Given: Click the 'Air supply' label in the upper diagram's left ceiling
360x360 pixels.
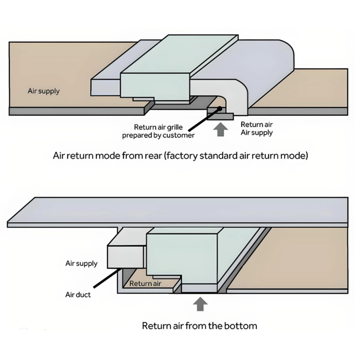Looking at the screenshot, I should click(44, 91).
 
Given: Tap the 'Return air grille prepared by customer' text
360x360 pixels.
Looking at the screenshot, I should click(158, 131).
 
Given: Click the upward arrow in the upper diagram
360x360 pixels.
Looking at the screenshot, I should click(221, 129).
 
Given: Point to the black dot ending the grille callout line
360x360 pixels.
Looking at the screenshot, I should click(219, 109).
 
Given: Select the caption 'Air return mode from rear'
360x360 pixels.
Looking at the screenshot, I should click(180, 156).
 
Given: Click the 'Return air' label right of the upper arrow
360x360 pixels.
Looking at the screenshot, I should click(256, 125).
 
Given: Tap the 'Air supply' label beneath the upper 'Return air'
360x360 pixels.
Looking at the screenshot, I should click(256, 133).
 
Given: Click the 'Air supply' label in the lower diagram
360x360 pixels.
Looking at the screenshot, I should click(81, 263).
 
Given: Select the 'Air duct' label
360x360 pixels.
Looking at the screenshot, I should click(78, 295).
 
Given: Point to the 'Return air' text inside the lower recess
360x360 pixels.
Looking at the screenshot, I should click(145, 284).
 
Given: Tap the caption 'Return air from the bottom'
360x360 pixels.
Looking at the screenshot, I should click(199, 326).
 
